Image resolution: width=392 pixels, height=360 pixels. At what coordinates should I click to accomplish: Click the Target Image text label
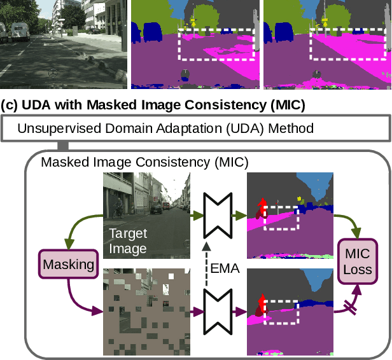127,240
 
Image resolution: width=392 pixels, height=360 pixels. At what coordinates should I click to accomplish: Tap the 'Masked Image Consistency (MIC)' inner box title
144,162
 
